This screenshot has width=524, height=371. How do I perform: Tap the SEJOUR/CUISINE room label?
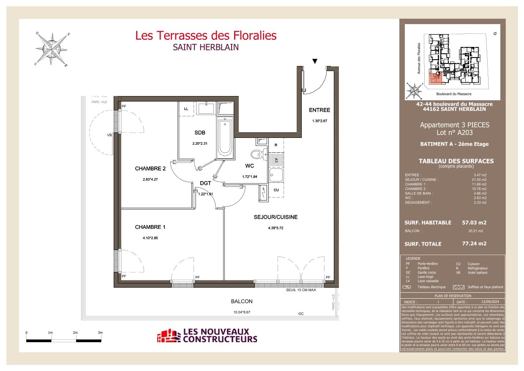[276, 217]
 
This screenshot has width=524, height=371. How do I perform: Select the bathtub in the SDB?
[225, 137]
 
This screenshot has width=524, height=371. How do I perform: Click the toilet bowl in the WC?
[256, 154]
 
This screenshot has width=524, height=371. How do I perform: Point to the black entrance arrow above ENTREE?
[314, 61]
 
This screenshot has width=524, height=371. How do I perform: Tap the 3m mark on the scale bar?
[100, 333]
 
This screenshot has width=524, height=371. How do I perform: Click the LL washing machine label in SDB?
[186, 109]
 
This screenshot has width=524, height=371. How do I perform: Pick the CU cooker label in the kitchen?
[276, 190]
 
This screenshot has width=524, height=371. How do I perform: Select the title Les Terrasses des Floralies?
[206, 36]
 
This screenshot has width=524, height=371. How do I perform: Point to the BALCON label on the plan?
[242, 302]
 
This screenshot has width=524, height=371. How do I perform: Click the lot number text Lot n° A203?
[454, 133]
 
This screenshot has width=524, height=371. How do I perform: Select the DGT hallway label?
[205, 184]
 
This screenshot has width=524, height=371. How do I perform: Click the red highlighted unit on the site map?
[434, 78]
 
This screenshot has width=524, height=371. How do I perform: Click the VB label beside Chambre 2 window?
[109, 135]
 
